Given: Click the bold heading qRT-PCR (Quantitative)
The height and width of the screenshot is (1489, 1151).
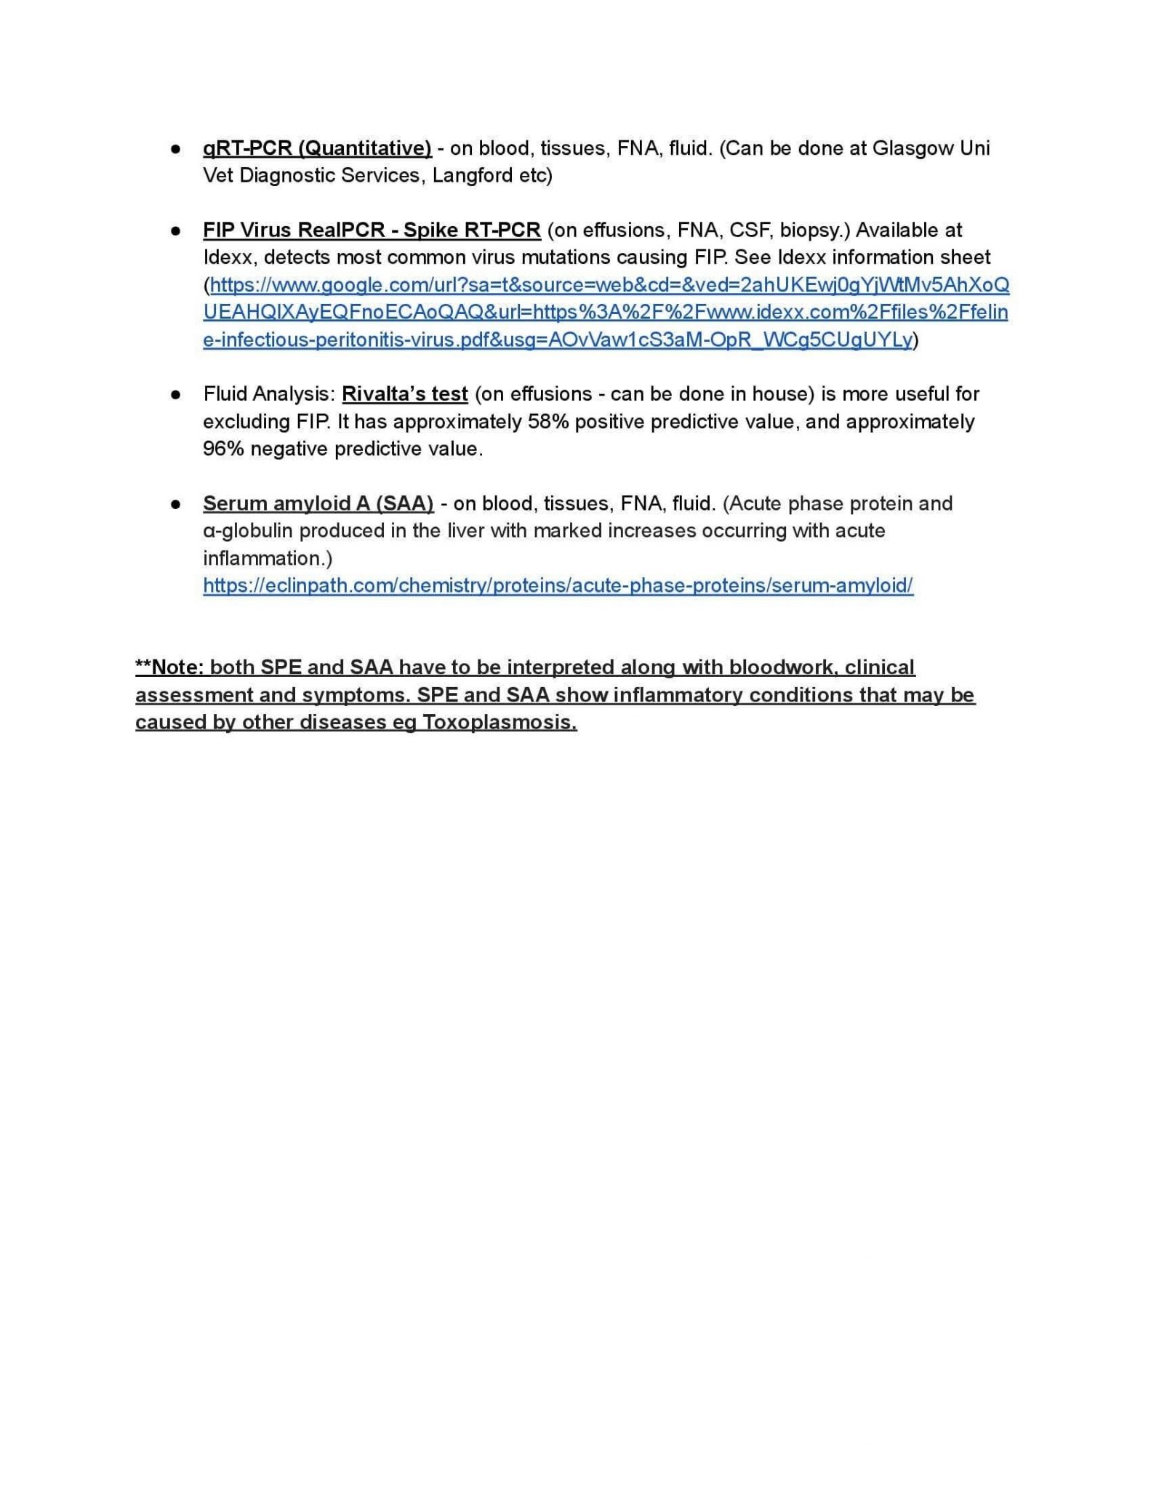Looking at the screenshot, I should coord(317,148).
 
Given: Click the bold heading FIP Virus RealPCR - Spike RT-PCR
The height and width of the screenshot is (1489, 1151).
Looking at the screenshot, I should coord(372,230).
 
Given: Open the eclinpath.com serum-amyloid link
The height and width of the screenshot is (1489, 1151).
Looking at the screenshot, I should coord(558,586).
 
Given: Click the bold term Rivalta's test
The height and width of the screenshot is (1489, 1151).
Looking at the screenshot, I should coord(404,394).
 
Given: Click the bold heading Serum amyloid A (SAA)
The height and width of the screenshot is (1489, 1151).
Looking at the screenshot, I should coord(318,504).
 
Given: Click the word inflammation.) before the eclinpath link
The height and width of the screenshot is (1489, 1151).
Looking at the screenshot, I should coord(268,558).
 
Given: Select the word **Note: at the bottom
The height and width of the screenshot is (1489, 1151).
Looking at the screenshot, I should coord(169,667).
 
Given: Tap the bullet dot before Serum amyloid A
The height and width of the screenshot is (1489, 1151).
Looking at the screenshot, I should coord(175,504).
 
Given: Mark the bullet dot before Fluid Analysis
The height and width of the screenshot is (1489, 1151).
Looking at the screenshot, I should coord(175,394).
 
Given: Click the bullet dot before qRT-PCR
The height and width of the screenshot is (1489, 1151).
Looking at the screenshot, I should coord(175,148).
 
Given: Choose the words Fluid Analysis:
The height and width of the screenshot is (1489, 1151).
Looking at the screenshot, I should coord(269,394).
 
